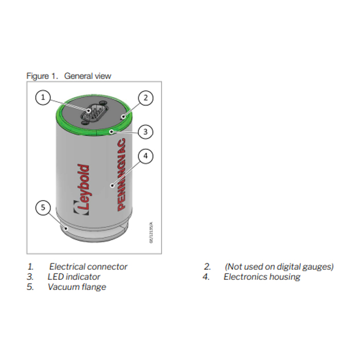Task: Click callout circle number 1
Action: pos(44,97)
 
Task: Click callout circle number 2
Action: pos(146,97)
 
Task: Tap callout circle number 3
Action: pos(146,132)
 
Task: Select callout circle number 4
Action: pos(146,156)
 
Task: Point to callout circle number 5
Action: pos(44,208)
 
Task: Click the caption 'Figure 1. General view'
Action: pos(69,76)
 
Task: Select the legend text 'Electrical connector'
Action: pos(88,266)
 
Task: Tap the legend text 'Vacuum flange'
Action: pos(77,287)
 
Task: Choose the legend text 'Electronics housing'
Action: pos(262,277)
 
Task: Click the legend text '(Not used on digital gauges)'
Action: pos(279,266)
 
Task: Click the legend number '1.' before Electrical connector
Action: pos(30,266)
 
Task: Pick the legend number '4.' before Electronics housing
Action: pos(207,277)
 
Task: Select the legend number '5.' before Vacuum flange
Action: pos(30,287)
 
